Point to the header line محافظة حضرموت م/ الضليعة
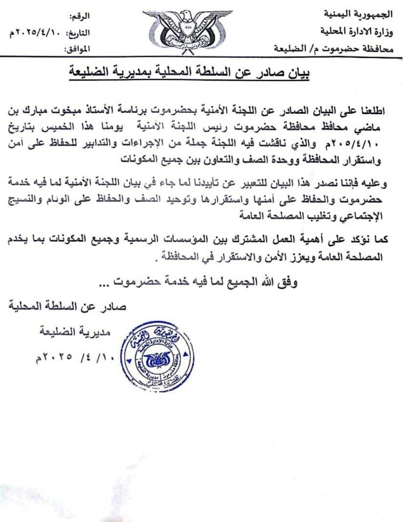[337, 47]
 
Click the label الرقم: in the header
[79, 18]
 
